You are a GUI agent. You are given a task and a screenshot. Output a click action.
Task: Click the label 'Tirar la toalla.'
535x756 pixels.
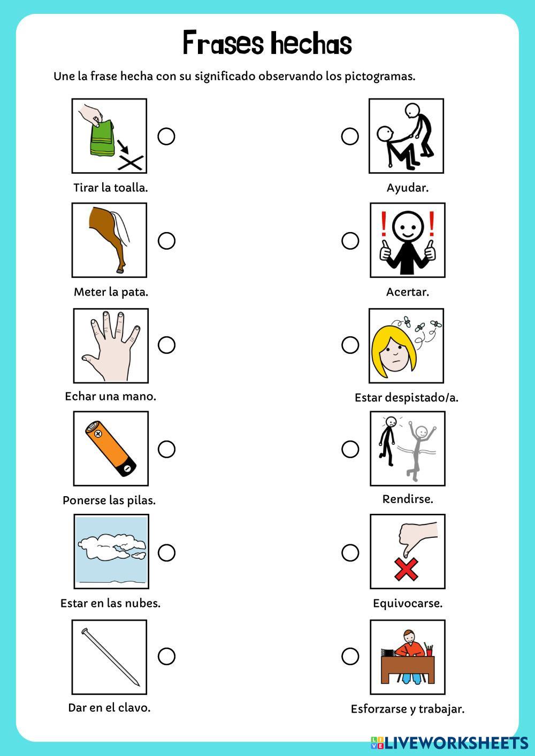(111, 188)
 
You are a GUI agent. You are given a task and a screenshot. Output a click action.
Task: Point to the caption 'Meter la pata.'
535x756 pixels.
(111, 292)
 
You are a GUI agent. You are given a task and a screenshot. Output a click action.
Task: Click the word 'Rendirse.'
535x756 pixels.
(408, 499)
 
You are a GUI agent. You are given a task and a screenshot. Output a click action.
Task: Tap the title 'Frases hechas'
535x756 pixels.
(267, 43)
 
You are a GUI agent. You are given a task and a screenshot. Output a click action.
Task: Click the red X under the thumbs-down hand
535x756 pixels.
(406, 569)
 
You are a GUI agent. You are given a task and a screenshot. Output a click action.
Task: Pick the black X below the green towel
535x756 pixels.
(131, 163)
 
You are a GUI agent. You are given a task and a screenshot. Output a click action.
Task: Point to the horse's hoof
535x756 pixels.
(120, 271)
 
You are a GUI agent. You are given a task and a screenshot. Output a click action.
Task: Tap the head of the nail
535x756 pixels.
(85, 631)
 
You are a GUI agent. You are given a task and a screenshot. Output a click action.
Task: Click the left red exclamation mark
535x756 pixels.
(384, 224)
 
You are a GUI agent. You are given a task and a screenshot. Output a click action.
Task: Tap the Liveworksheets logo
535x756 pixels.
(449, 743)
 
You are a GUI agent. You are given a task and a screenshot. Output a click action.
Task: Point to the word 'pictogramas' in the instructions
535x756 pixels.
(380, 77)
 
